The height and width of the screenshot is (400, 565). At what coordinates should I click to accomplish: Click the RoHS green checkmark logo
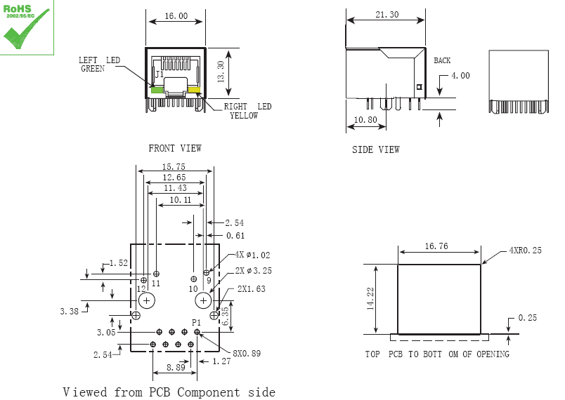27,28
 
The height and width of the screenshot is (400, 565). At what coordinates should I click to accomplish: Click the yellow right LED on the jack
193,90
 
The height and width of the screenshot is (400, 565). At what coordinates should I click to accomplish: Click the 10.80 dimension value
365,120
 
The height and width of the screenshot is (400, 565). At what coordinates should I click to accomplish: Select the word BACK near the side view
442,61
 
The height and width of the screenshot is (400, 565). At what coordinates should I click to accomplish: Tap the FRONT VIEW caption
174,148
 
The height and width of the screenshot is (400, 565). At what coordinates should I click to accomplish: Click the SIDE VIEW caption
375,149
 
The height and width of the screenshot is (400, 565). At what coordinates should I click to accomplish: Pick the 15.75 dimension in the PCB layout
174,167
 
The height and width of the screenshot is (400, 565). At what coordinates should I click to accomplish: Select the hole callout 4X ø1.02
253,255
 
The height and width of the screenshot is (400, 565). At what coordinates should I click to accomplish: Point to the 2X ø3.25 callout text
254,270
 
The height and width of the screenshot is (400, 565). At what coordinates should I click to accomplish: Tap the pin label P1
197,322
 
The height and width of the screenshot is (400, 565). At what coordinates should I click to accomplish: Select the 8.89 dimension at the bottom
176,367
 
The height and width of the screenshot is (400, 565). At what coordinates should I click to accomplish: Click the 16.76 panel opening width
436,246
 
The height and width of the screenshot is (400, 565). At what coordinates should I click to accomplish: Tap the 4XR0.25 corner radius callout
525,251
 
